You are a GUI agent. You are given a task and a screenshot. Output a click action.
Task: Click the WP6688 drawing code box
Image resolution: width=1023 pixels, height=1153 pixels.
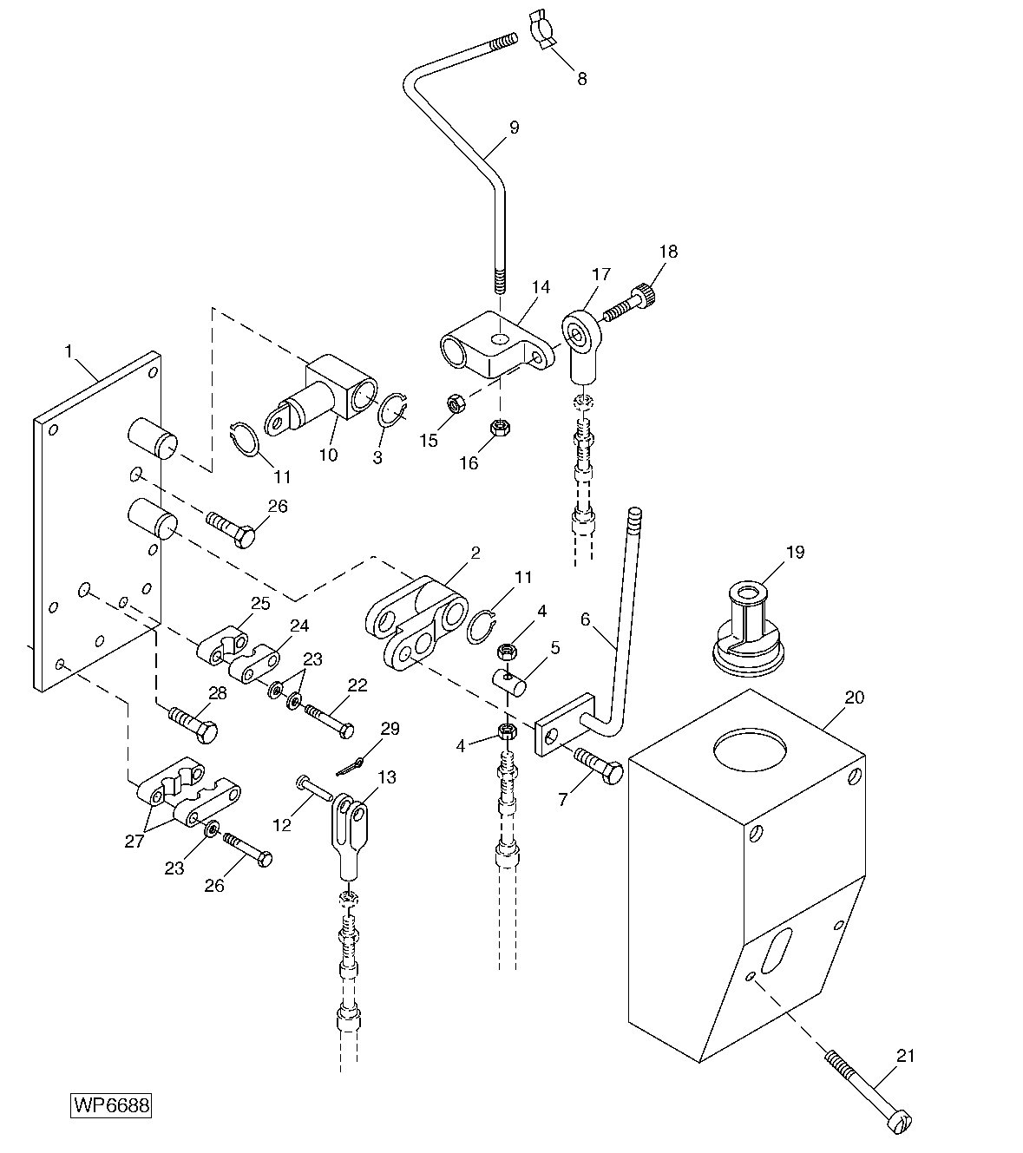point(111,1106)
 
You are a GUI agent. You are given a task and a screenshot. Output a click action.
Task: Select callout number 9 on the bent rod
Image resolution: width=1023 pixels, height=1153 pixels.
point(514,128)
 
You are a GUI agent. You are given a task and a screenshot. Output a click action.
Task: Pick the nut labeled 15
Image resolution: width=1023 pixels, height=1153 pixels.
point(454,403)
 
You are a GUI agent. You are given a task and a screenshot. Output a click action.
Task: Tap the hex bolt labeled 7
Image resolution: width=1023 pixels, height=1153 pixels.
point(600,767)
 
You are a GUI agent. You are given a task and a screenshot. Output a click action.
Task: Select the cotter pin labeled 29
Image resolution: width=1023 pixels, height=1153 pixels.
point(351,765)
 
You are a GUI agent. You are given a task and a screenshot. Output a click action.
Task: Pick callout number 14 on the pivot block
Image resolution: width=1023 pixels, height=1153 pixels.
point(541,287)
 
